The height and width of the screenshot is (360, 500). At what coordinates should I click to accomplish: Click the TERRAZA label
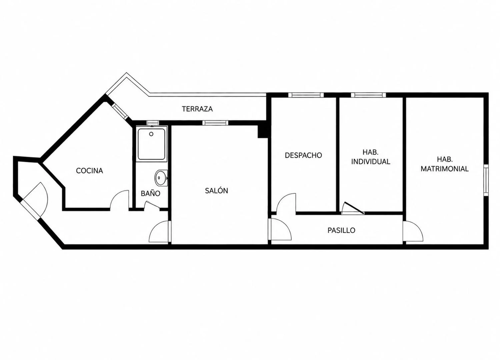click(x=197, y=109)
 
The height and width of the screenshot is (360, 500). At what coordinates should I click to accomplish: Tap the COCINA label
click(x=90, y=171)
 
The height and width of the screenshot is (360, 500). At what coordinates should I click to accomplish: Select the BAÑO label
click(x=150, y=193)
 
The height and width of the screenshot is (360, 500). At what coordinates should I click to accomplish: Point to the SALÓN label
click(x=217, y=191)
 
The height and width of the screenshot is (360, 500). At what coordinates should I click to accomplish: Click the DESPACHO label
click(x=303, y=155)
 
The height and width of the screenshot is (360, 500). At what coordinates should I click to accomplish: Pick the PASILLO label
click(x=341, y=231)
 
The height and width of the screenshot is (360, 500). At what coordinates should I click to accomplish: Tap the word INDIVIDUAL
click(x=371, y=161)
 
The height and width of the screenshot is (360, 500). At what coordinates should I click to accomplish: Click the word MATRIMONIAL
click(x=445, y=169)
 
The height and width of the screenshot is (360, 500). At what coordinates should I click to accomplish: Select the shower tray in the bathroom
click(x=152, y=144)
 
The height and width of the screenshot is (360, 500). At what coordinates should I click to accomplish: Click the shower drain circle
click(x=151, y=134)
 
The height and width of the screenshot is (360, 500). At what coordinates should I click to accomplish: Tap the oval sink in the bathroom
click(x=161, y=178)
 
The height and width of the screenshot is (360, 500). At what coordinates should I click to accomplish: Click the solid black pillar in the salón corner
click(x=263, y=132)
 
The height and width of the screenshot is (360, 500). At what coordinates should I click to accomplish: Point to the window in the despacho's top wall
click(x=306, y=95)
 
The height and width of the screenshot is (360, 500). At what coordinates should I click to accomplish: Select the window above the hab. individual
click(x=368, y=95)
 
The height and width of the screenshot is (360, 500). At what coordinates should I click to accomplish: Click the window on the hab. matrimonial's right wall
click(x=486, y=180)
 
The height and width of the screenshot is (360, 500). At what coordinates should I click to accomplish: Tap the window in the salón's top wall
click(x=215, y=123)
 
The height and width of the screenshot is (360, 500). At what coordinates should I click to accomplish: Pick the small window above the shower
click(x=153, y=123)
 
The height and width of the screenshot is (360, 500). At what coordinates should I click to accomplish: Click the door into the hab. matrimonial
click(x=413, y=231)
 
